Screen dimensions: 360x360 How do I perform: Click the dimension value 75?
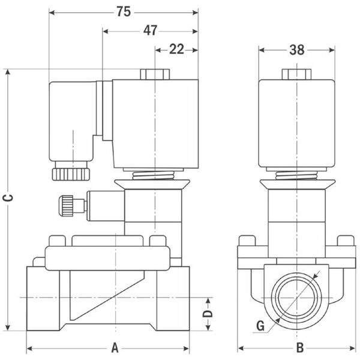(x=124, y=11)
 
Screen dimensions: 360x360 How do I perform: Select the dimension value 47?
(x=151, y=31)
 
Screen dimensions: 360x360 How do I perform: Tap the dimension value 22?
(x=176, y=49)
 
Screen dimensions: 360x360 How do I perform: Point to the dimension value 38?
(x=297, y=50)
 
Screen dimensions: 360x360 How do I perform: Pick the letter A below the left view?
(x=115, y=348)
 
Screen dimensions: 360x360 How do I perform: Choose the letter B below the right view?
(x=300, y=347)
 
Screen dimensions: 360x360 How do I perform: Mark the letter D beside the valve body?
(x=208, y=313)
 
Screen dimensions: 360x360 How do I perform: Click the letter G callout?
(x=260, y=326)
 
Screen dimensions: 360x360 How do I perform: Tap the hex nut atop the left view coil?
(x=155, y=74)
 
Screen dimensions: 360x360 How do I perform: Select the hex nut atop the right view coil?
(x=296, y=74)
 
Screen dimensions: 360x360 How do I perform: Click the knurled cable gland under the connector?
(x=71, y=174)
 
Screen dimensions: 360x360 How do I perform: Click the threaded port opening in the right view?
(x=296, y=298)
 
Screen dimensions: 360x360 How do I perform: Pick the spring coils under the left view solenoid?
(x=154, y=176)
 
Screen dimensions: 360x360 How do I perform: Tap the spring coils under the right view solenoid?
(x=296, y=176)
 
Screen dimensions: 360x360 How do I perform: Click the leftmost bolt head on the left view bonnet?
(x=57, y=241)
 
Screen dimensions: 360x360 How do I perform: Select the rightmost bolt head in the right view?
(x=346, y=241)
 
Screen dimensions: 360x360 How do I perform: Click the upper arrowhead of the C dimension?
(x=8, y=72)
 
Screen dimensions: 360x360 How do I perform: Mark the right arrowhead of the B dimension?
(x=352, y=349)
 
